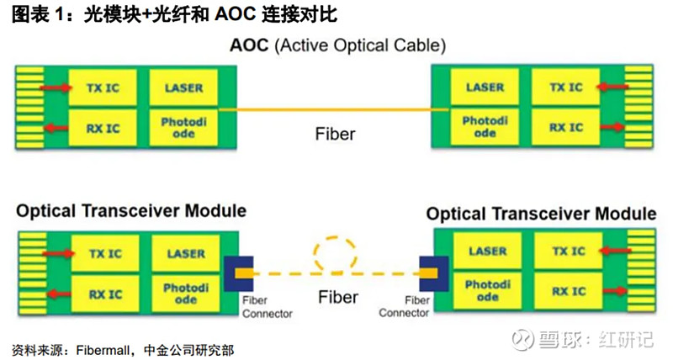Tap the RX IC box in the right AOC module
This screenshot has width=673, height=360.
(x=565, y=128)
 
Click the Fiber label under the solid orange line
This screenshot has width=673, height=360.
(x=335, y=133)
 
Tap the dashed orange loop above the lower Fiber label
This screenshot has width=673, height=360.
(x=336, y=251)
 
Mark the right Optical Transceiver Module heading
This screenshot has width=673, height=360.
(x=541, y=214)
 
